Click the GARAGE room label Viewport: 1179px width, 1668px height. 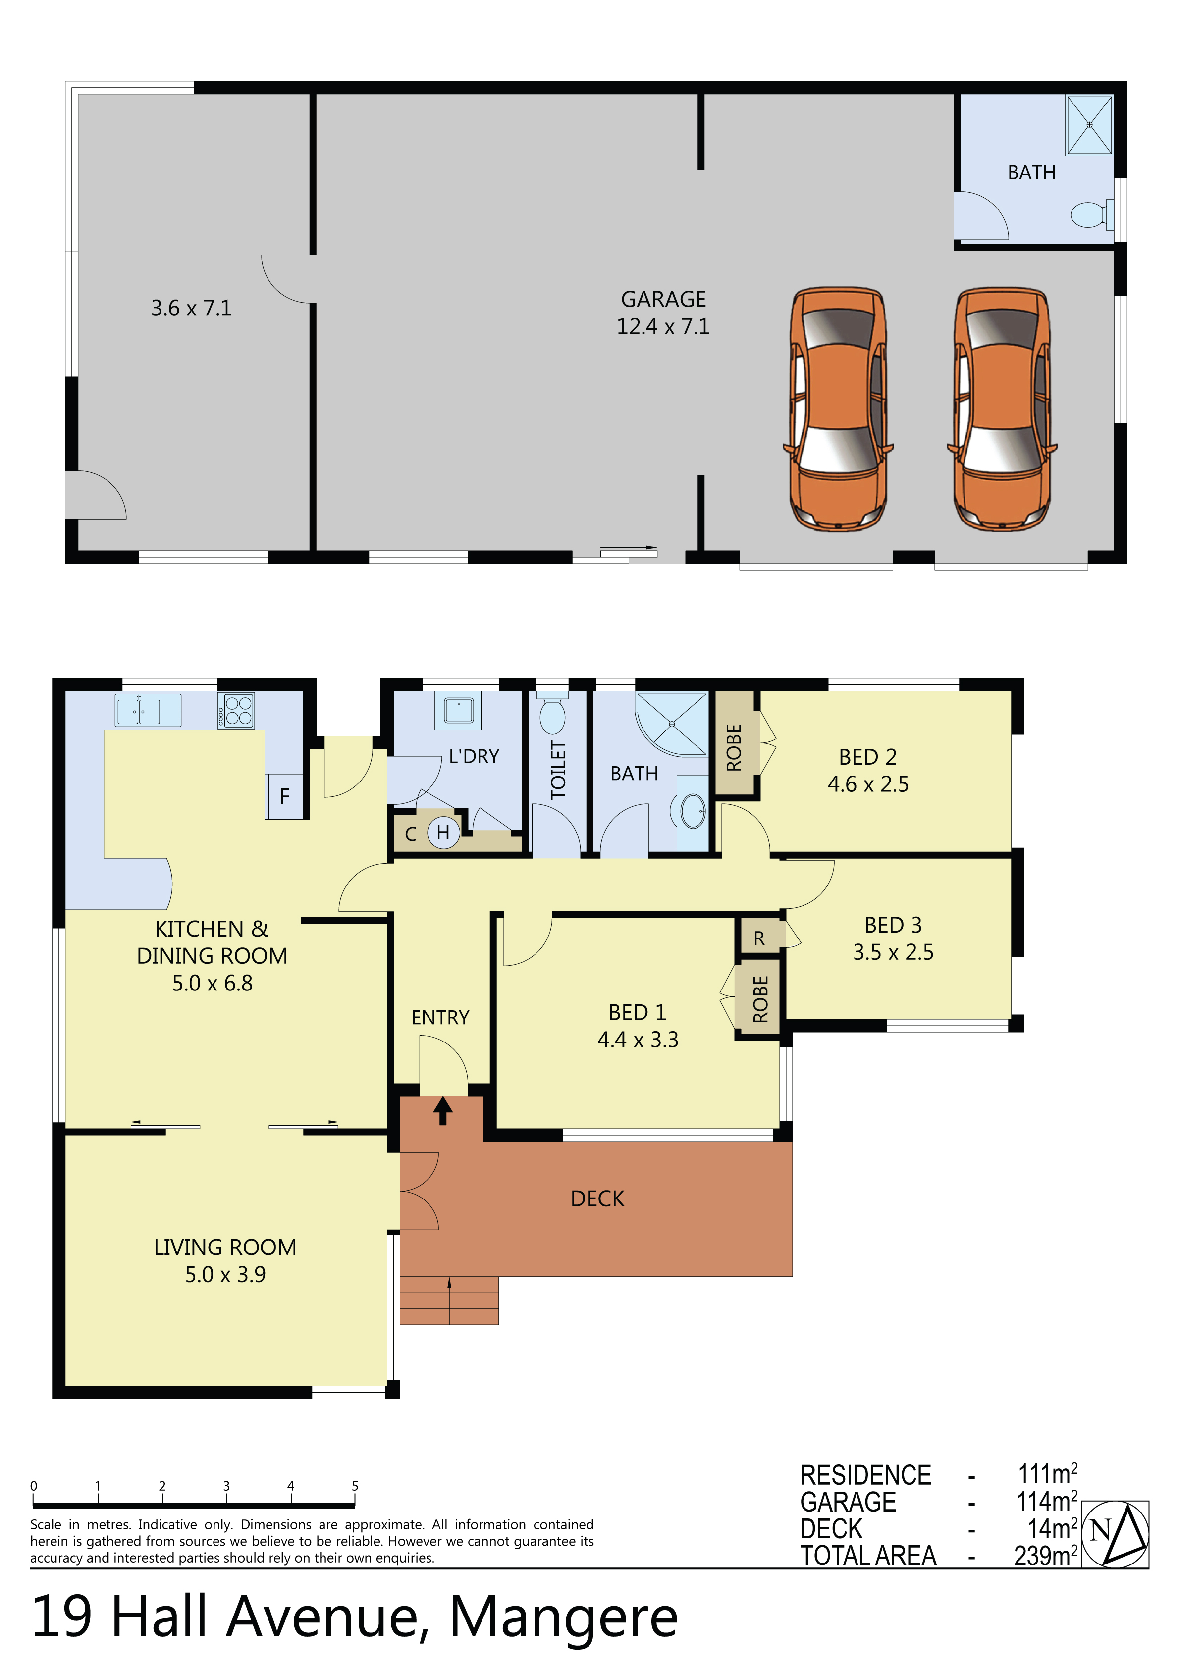coord(663,299)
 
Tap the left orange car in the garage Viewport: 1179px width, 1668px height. coord(838,408)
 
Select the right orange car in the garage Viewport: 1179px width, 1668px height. coord(1002,408)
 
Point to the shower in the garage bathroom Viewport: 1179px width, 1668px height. coord(1089,125)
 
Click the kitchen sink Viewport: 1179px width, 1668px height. coord(148,711)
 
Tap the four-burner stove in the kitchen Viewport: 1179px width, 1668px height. coord(235,711)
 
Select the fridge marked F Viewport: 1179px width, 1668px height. coord(284,796)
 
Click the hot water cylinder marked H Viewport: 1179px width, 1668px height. coord(443,833)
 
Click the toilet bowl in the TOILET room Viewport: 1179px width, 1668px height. coord(552,712)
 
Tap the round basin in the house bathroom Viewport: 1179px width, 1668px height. coord(692,811)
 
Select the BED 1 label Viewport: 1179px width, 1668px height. coord(638,1012)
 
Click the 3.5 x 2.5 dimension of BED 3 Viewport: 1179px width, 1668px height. coord(893,952)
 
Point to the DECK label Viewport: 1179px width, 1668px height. coord(597,1199)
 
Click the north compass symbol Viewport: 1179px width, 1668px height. coord(1115,1534)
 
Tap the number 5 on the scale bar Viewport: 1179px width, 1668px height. coord(355,1486)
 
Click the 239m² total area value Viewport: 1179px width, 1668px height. coord(1046,1556)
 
